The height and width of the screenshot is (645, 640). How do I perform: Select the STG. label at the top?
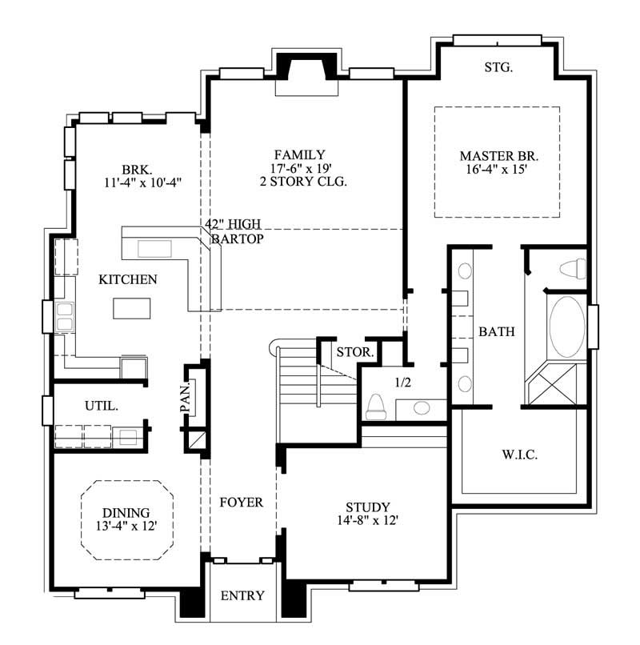[498, 68]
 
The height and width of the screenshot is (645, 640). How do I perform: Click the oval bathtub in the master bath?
[567, 327]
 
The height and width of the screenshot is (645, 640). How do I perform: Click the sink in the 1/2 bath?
[421, 408]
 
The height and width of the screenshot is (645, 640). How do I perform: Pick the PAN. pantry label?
[185, 396]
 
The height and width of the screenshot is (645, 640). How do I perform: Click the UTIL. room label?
[102, 406]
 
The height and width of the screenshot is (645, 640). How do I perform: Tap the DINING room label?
[126, 512]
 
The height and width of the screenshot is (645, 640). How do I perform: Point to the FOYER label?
[241, 503]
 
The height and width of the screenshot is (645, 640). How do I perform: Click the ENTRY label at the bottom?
[242, 596]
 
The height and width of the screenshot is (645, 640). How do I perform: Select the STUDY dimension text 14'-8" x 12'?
[367, 521]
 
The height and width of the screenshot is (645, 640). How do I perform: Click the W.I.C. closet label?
[520, 455]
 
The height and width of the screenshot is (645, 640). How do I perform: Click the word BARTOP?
[238, 238]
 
